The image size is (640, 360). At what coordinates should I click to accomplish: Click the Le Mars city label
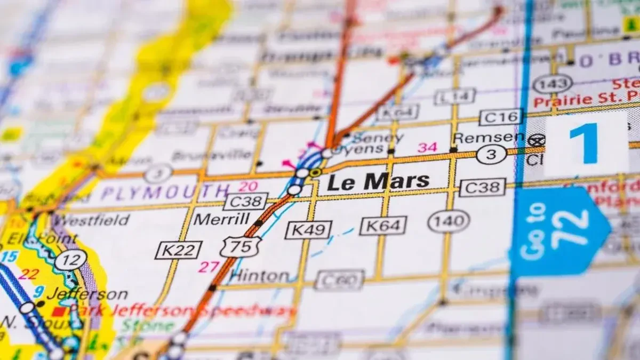tap(378, 182)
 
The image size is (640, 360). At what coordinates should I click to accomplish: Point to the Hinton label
tap(260, 276)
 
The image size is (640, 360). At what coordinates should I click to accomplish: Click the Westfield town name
tap(91, 220)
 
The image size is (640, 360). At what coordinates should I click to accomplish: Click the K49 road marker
tap(308, 230)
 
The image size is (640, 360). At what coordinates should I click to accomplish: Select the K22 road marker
tap(178, 250)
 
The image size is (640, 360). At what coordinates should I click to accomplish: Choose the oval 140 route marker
tap(449, 221)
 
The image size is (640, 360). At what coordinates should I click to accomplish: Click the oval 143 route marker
tap(553, 83)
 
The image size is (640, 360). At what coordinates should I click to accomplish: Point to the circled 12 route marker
tap(70, 260)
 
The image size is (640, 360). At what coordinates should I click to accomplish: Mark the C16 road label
tap(500, 117)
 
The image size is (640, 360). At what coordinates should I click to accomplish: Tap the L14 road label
tap(454, 97)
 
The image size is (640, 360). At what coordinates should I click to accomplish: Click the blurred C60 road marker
tap(339, 280)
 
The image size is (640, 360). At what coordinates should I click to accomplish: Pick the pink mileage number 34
tap(427, 148)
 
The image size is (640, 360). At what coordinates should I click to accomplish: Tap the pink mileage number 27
tap(209, 267)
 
